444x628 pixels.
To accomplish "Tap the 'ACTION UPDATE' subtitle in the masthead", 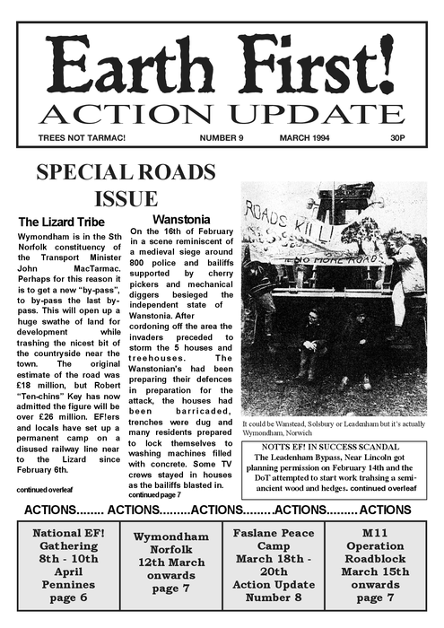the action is tap(222, 114).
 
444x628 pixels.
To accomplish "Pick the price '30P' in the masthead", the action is tap(397, 138).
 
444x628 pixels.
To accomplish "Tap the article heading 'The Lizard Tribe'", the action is tap(62, 222).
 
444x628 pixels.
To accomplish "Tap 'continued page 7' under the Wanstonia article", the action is tap(154, 494).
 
